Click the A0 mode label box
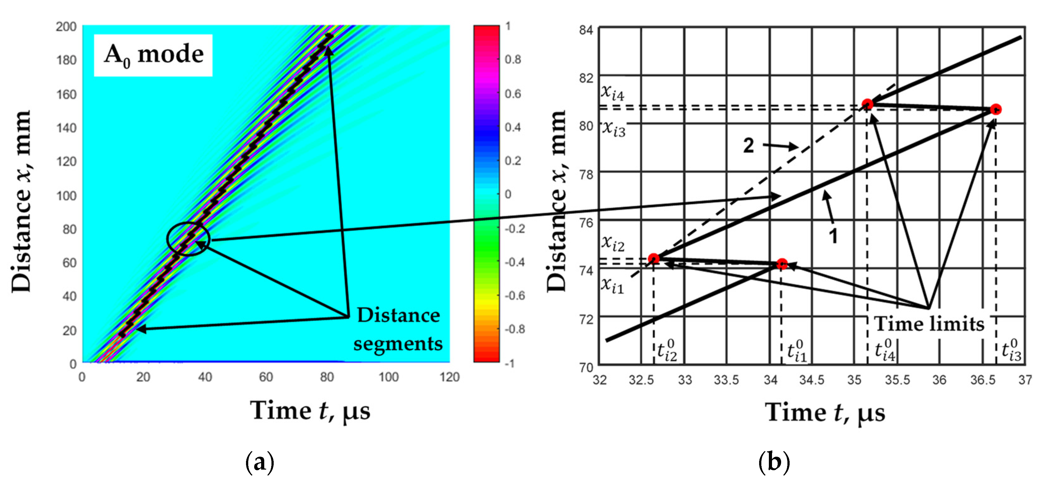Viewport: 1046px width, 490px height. tap(153, 55)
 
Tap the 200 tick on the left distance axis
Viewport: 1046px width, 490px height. tap(66, 27)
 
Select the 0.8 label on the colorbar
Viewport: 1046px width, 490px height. tap(513, 60)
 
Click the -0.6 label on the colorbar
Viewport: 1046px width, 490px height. tap(514, 295)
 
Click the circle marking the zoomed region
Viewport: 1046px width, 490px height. tap(188, 239)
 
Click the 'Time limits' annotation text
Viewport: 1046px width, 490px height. tap(929, 324)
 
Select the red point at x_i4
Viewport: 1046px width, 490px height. tap(867, 104)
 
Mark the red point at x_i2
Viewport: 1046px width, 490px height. tap(653, 258)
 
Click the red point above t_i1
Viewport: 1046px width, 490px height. tap(782, 264)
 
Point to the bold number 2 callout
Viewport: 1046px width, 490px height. tap(748, 145)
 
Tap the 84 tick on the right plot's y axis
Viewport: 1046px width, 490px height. tap(586, 30)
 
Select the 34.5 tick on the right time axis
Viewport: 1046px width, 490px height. tap(812, 380)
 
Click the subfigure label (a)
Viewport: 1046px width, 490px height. tap(260, 462)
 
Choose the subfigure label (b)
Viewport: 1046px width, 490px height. tap(774, 462)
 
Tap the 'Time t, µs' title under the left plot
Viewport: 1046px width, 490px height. tap(310, 411)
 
